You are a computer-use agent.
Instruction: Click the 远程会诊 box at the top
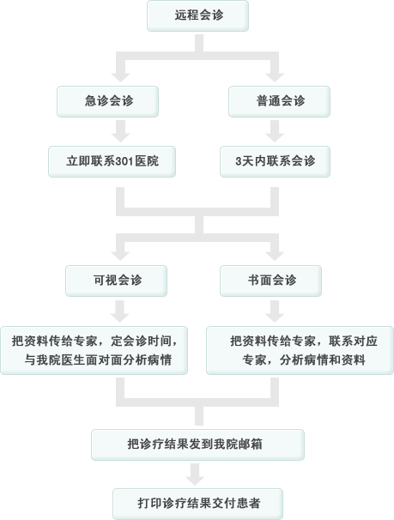pos(197,15)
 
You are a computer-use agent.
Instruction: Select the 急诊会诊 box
pos(108,101)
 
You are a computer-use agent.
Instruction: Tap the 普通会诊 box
pos(279,101)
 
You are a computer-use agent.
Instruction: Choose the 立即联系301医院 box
pos(112,161)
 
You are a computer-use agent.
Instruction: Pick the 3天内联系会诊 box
pos(275,161)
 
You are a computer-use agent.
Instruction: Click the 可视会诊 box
pos(117,281)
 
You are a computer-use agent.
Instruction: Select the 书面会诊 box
pos(270,281)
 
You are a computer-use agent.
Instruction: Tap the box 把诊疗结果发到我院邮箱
pos(197,444)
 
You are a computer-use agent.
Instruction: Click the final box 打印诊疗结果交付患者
pos(197,504)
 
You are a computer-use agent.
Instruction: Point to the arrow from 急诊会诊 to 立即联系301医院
pos(120,131)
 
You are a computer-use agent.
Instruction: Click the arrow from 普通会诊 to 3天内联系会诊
pos(275,131)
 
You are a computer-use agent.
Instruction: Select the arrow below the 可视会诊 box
pos(119,311)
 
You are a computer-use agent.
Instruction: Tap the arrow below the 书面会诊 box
pos(275,311)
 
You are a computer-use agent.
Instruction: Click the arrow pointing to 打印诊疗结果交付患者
pos(195,475)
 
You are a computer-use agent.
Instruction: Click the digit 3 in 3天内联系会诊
pos(239,161)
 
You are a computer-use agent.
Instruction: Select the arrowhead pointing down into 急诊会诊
pos(120,77)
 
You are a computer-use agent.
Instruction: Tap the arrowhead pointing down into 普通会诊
pos(275,77)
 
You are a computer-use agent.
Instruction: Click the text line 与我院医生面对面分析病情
pos(98,360)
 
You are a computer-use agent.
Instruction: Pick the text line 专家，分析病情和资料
pos(304,360)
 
